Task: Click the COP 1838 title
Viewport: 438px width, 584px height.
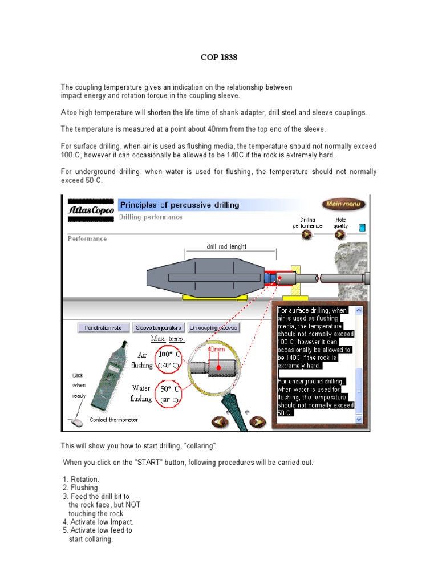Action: [x=218, y=58]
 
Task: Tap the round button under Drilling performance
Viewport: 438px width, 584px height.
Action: [x=307, y=235]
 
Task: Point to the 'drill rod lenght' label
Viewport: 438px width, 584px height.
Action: [x=226, y=247]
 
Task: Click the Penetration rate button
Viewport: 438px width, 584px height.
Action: [x=103, y=328]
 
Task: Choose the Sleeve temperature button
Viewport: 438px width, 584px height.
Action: [x=159, y=328]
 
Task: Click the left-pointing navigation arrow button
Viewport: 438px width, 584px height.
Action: [x=220, y=422]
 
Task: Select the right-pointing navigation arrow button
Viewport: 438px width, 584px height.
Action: [x=257, y=422]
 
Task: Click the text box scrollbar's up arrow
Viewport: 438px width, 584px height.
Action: [x=359, y=311]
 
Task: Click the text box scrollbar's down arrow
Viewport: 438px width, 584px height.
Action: [x=359, y=419]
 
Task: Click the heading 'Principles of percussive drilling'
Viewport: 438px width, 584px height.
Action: [x=179, y=205]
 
